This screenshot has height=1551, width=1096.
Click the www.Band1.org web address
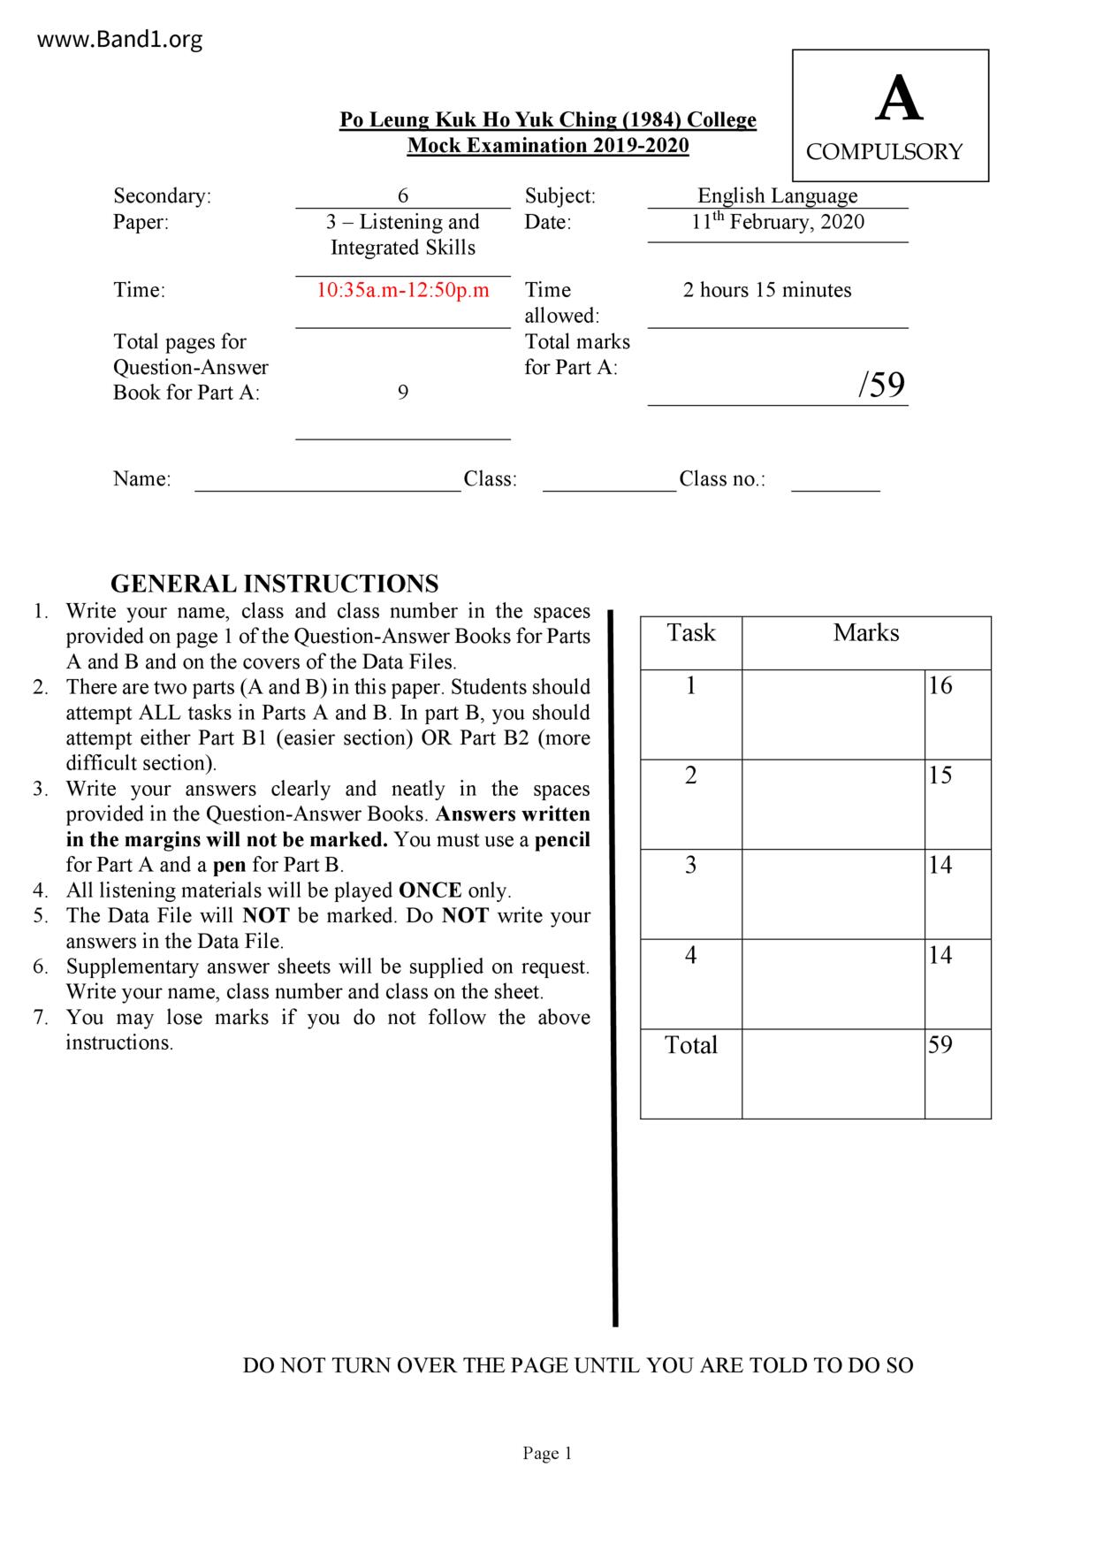click(120, 40)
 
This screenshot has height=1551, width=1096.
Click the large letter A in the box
click(898, 99)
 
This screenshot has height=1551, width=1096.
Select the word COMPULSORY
click(884, 152)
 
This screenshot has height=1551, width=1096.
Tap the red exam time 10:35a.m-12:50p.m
click(403, 290)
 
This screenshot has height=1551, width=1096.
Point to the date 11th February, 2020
click(778, 222)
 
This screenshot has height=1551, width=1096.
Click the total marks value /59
click(881, 385)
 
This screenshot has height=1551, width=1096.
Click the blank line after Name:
click(328, 481)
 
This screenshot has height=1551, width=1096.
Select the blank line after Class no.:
click(835, 481)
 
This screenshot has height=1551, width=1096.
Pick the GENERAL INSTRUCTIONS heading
click(275, 584)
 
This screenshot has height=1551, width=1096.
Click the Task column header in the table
click(691, 633)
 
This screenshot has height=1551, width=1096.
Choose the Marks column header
click(866, 633)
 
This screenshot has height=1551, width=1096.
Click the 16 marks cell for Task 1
click(940, 686)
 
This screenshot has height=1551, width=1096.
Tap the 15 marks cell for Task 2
click(940, 775)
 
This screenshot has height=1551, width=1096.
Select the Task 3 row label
click(691, 866)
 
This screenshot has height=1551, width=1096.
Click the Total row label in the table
click(691, 1045)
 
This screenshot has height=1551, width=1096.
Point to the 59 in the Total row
click(940, 1045)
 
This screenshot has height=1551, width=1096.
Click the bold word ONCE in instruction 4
click(430, 890)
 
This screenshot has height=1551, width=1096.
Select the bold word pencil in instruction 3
click(562, 839)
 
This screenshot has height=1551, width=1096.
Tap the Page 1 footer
click(548, 1453)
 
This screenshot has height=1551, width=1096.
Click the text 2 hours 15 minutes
click(767, 290)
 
